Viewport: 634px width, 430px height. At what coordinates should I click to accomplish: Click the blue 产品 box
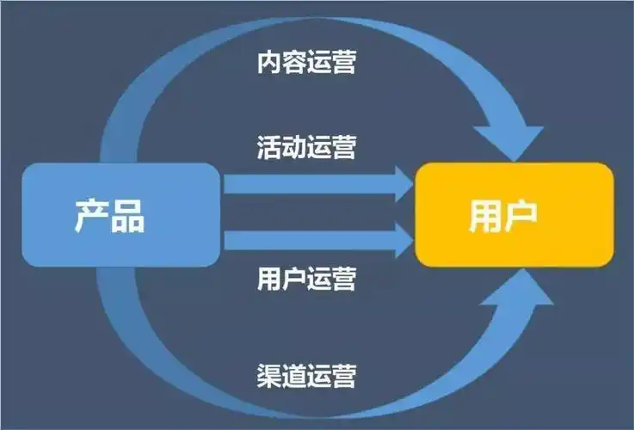tap(120, 214)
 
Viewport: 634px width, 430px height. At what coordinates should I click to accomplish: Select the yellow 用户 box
tap(514, 214)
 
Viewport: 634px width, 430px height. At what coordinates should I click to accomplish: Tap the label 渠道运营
tap(306, 376)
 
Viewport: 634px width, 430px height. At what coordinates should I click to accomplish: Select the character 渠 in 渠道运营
tap(269, 376)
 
